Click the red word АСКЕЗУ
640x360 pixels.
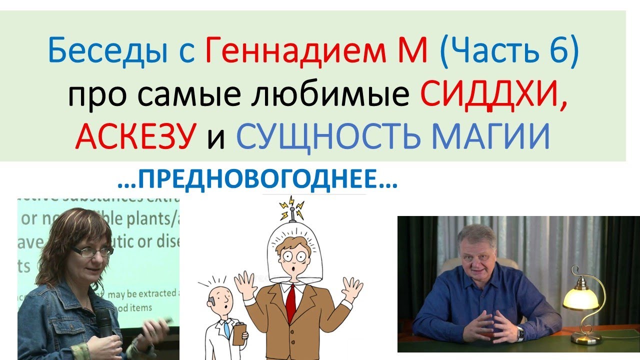tap(134, 136)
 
